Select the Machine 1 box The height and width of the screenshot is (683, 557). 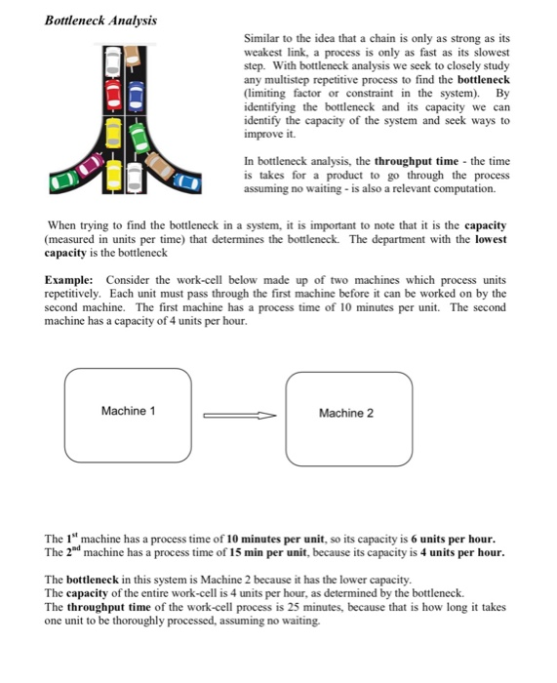coord(128,414)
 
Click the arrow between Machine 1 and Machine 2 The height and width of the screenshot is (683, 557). coord(239,415)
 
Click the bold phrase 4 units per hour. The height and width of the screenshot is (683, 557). coord(462,552)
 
